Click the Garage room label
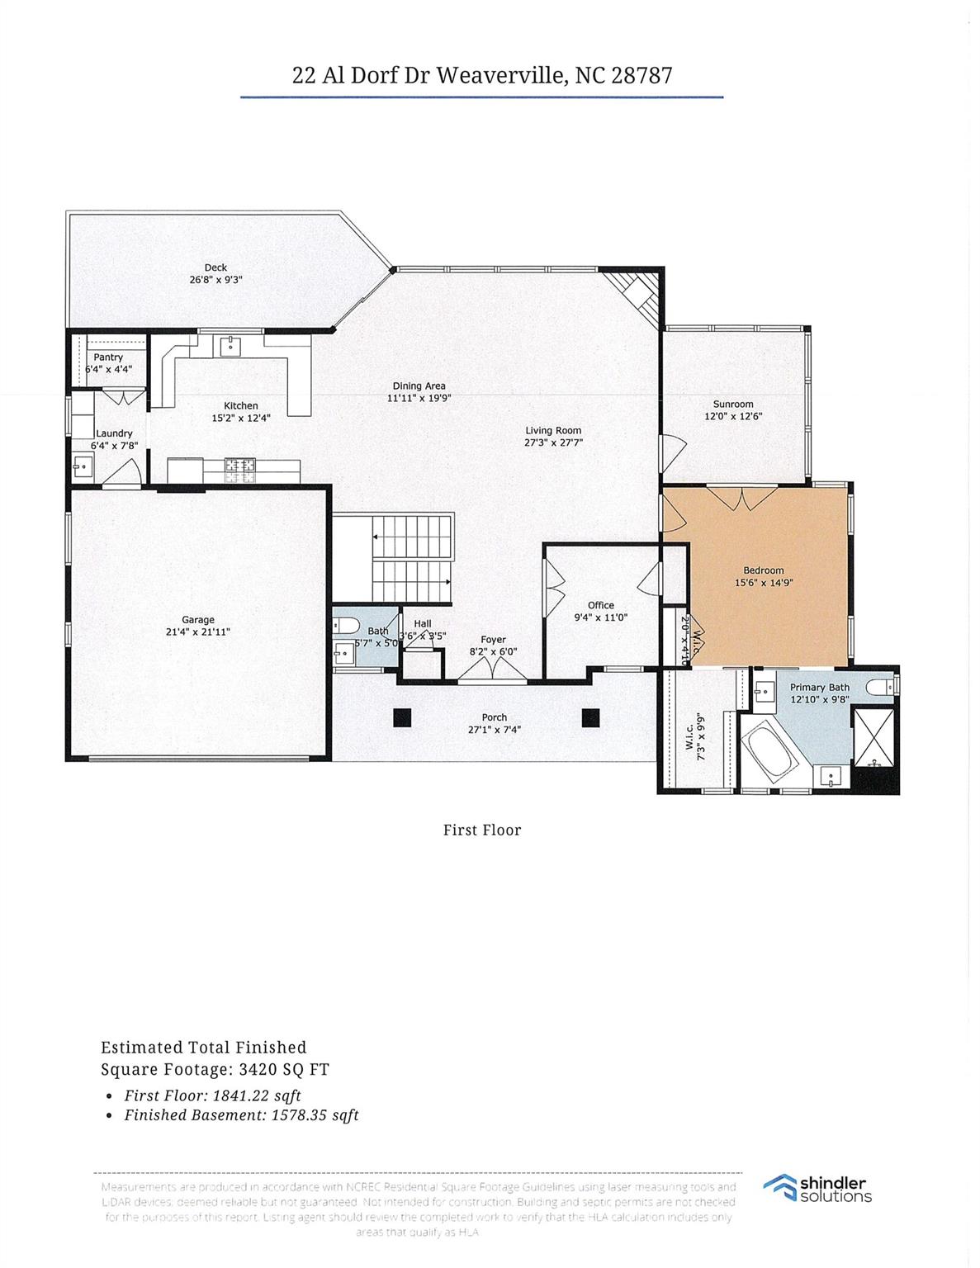point(198,619)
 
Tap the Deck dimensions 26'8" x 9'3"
point(215,280)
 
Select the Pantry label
point(108,357)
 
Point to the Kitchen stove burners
point(240,469)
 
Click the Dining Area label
point(419,386)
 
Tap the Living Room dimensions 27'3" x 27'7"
point(553,442)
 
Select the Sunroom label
point(733,405)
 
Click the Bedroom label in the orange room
point(764,570)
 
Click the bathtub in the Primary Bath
point(768,752)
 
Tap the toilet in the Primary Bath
point(883,686)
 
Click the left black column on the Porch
point(402,717)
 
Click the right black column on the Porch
point(590,717)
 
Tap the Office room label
point(601,605)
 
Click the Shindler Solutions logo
point(817,1189)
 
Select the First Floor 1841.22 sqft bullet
point(212,1095)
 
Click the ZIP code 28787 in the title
point(641,76)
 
